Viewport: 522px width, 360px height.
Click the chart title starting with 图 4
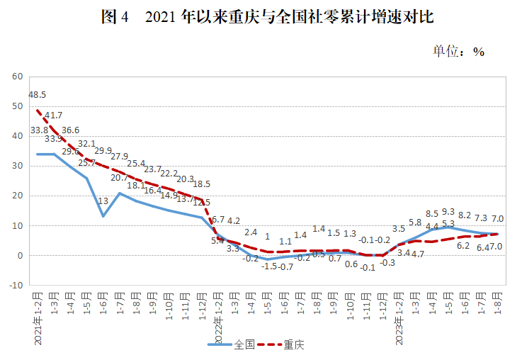267,18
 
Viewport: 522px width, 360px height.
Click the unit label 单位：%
458,51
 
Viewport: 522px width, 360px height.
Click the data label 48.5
38,94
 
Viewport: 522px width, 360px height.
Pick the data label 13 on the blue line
103,201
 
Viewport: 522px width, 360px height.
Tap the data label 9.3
448,211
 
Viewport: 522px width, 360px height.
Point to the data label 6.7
218,220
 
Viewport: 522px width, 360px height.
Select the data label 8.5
432,213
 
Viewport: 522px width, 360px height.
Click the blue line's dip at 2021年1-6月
103,215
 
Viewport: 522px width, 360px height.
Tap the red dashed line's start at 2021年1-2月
37,110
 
